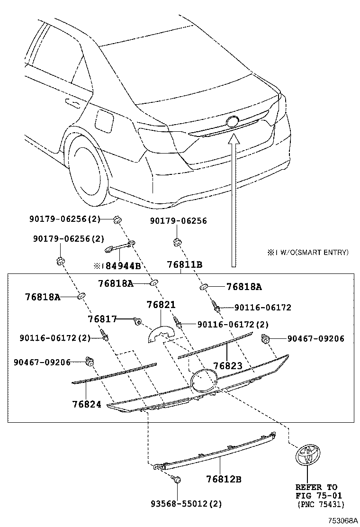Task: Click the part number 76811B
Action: (185, 265)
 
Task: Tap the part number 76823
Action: (227, 366)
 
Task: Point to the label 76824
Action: (87, 404)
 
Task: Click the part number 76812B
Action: (224, 479)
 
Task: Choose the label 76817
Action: (102, 319)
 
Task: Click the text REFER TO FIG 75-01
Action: (316, 491)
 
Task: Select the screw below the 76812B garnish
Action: (177, 481)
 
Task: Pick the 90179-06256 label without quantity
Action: (179, 221)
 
